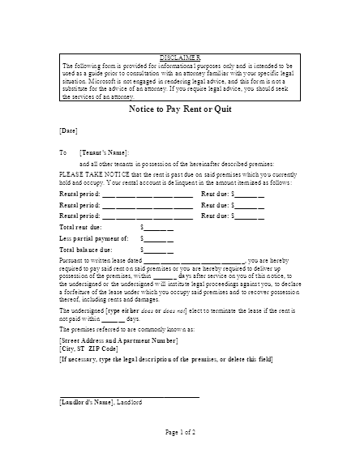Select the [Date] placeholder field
(69, 130)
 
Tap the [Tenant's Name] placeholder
(104, 152)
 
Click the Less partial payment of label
(94, 239)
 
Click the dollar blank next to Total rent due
(157, 228)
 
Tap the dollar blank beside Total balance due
(157, 251)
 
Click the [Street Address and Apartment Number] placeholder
(119, 341)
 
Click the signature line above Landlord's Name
(130, 396)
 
